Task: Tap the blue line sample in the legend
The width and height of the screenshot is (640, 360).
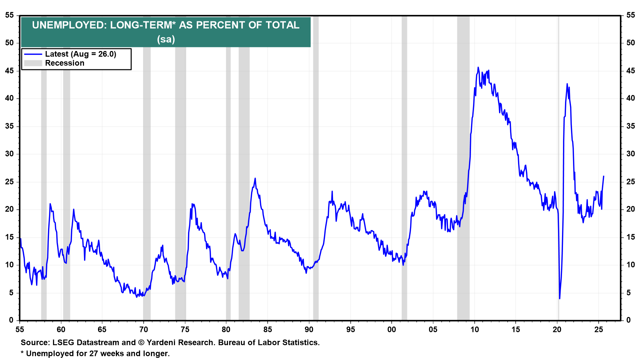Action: pos(33,54)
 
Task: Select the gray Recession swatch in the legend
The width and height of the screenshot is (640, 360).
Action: pos(33,63)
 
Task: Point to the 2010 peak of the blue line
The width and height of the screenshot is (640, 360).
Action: pos(478,67)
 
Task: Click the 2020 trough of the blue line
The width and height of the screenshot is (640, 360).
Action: pos(560,298)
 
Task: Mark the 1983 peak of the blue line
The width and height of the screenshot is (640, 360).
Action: pos(255,178)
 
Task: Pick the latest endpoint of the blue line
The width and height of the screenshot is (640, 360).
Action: pos(604,176)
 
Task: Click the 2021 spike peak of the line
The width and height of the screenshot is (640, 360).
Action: pos(567,84)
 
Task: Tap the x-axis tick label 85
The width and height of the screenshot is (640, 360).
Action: pos(267,330)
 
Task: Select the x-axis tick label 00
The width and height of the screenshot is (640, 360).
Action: pos(392,330)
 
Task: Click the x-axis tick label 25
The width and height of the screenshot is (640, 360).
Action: pos(599,330)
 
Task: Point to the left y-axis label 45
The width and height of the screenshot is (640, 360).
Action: pos(9,71)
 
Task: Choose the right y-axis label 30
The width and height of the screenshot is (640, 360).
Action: pos(630,154)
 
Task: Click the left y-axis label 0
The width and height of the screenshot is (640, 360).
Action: pos(11,320)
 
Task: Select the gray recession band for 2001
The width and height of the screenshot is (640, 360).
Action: pos(404,167)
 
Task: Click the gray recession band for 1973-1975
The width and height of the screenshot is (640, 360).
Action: pos(180,167)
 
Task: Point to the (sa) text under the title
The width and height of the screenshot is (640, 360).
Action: pos(166,39)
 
